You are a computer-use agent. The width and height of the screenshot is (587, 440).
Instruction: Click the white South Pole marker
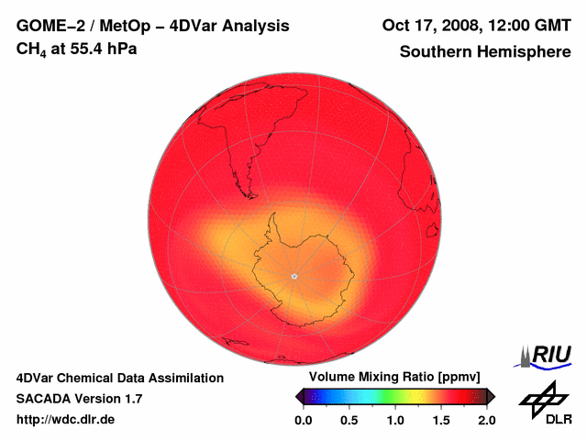(x=293, y=276)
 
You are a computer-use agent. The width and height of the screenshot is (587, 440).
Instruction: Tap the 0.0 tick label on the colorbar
(x=304, y=420)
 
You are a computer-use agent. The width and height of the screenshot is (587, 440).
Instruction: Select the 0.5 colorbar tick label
(x=349, y=420)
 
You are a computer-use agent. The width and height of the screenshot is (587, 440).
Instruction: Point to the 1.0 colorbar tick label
(x=395, y=420)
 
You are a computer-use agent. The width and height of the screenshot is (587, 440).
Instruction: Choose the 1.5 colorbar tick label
(x=441, y=420)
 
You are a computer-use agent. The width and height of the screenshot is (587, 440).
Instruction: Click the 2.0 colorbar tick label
(x=486, y=420)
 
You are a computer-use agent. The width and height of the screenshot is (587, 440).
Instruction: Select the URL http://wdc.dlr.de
(x=66, y=420)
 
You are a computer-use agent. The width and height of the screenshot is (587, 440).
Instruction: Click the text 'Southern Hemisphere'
(x=485, y=52)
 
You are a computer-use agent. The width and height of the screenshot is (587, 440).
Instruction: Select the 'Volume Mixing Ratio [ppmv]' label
(x=396, y=378)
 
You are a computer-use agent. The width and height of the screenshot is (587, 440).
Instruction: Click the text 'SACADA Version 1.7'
(x=79, y=399)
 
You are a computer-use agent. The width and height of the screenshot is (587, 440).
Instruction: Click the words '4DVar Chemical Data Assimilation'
(x=120, y=378)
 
